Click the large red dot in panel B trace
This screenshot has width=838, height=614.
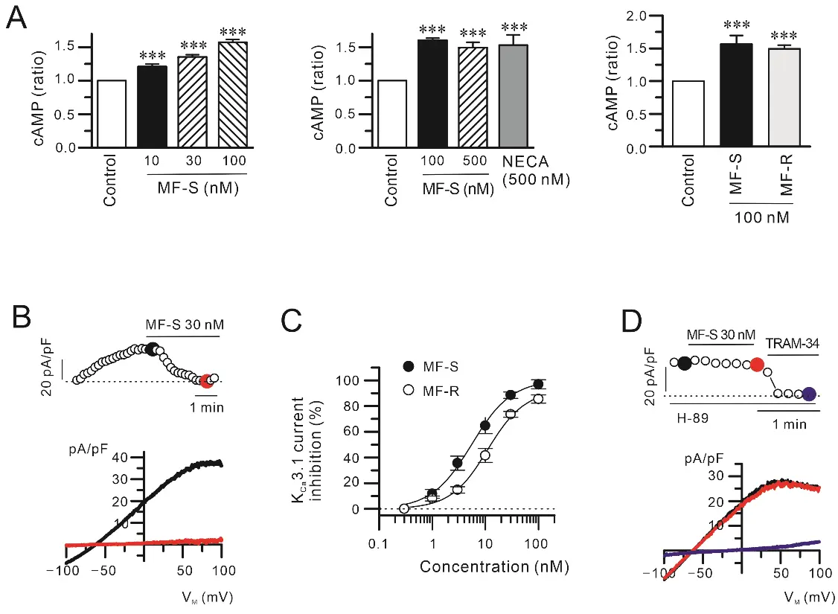click(206, 381)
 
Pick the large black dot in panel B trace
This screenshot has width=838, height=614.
click(152, 348)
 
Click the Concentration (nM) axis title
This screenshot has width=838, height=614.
click(493, 566)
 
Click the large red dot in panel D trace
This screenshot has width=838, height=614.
click(756, 365)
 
